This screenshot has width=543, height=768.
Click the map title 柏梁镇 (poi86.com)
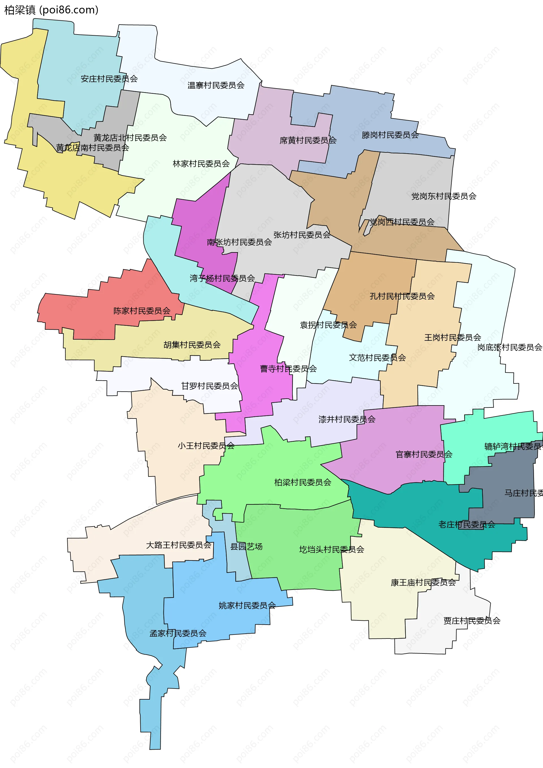click(51, 10)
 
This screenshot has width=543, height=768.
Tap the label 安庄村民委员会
click(109, 79)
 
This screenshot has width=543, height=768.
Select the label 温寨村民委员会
click(216, 86)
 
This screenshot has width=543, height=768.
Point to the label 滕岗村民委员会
click(390, 135)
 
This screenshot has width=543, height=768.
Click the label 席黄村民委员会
click(308, 141)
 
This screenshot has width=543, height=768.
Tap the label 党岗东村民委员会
click(444, 196)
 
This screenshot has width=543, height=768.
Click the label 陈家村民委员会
click(142, 311)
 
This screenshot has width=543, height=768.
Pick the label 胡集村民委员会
click(192, 345)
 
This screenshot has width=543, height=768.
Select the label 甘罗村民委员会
click(210, 386)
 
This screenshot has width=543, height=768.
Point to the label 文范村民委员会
click(377, 358)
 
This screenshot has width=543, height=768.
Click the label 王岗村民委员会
click(453, 338)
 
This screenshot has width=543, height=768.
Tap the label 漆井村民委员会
click(347, 419)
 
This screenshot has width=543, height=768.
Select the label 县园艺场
click(246, 547)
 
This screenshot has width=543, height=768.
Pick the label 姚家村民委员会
click(247, 605)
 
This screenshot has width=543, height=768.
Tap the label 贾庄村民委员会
click(472, 621)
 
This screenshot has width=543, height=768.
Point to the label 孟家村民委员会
click(178, 633)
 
